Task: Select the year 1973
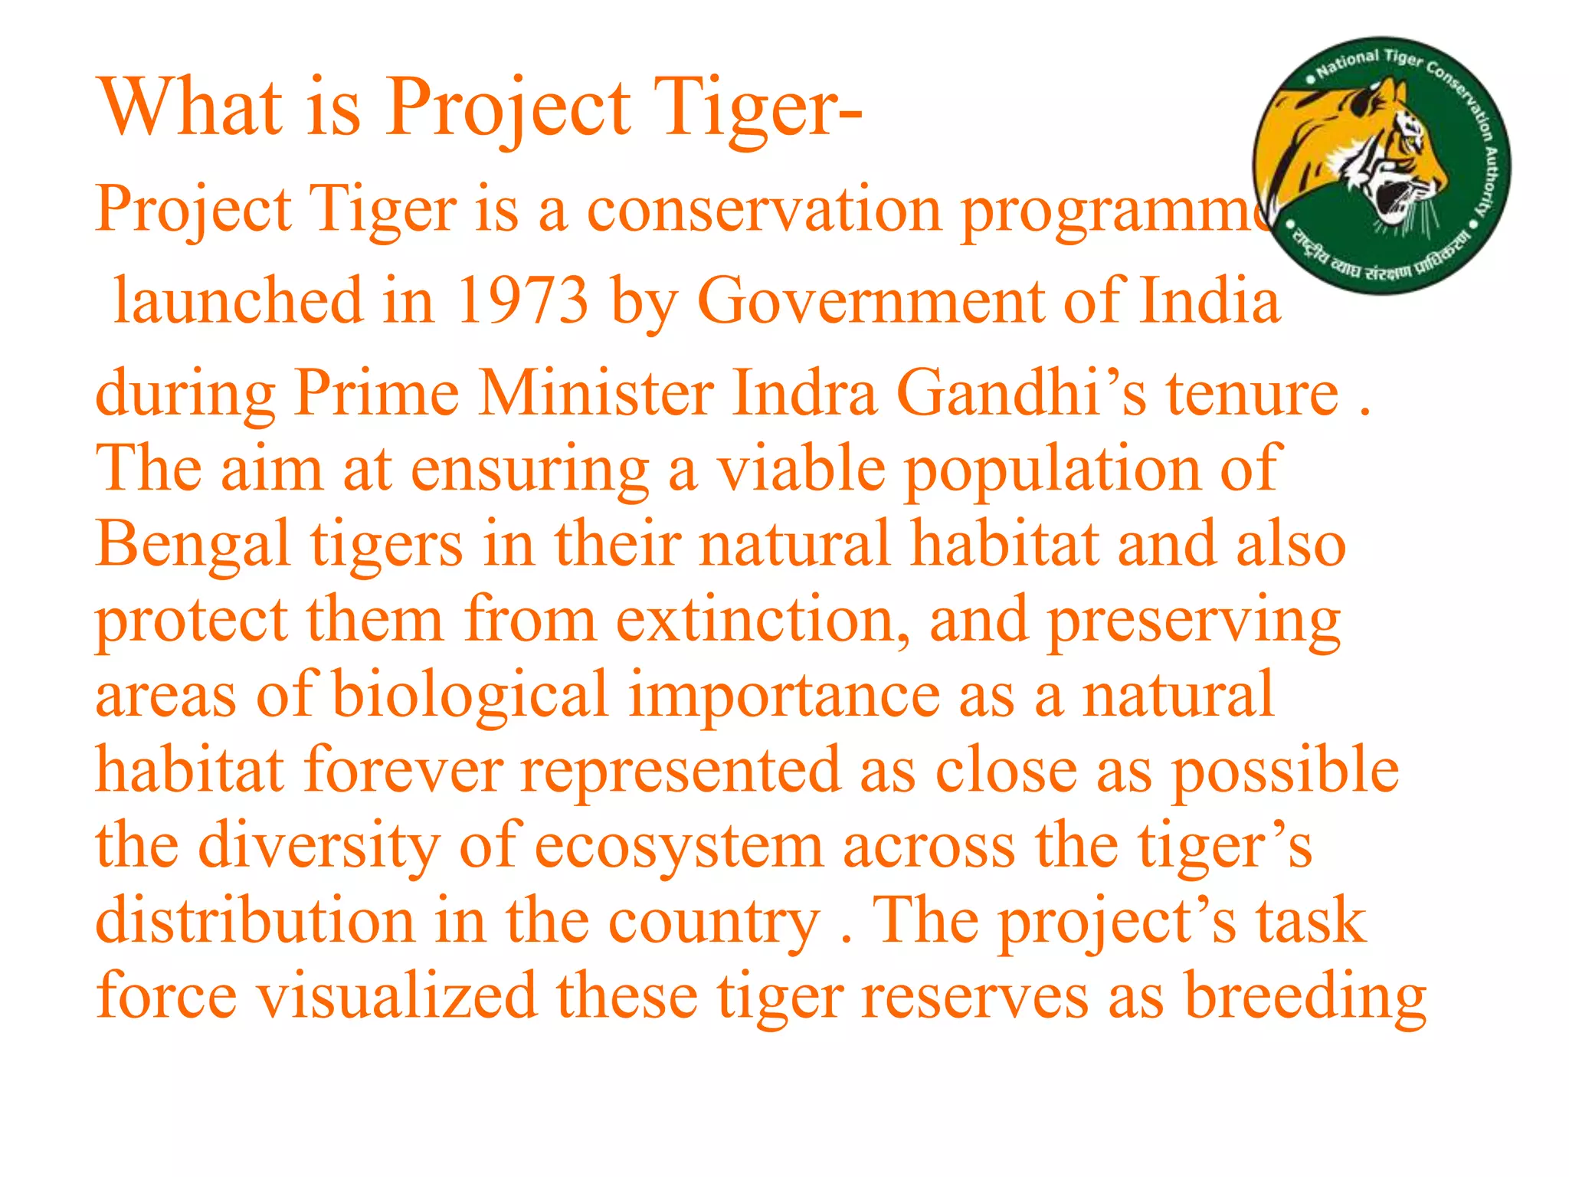coord(522,301)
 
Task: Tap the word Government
coord(870,301)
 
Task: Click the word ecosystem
coord(679,846)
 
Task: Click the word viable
coord(801,469)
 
